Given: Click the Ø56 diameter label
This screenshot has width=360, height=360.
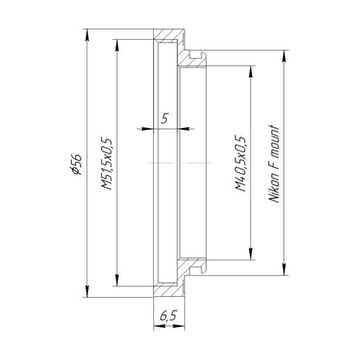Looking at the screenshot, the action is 77,164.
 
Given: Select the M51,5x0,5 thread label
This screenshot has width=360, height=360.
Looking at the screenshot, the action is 106,164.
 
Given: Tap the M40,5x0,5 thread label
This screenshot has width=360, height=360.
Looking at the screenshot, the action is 241,164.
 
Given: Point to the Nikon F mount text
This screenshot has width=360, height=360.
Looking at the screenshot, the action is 274,164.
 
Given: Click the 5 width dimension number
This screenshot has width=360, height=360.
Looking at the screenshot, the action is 164,119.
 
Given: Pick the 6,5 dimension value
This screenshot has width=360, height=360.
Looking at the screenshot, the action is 168,316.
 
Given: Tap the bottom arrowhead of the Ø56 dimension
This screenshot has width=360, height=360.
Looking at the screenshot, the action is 87,291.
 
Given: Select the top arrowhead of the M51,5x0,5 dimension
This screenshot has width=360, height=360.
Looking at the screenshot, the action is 117,45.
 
